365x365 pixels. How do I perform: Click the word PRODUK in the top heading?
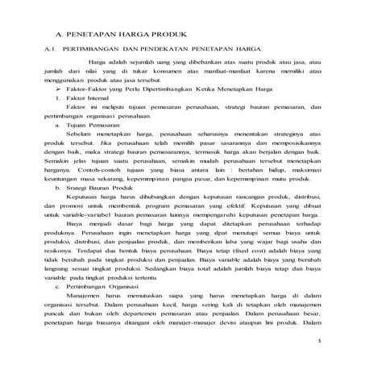[x=166, y=36]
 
